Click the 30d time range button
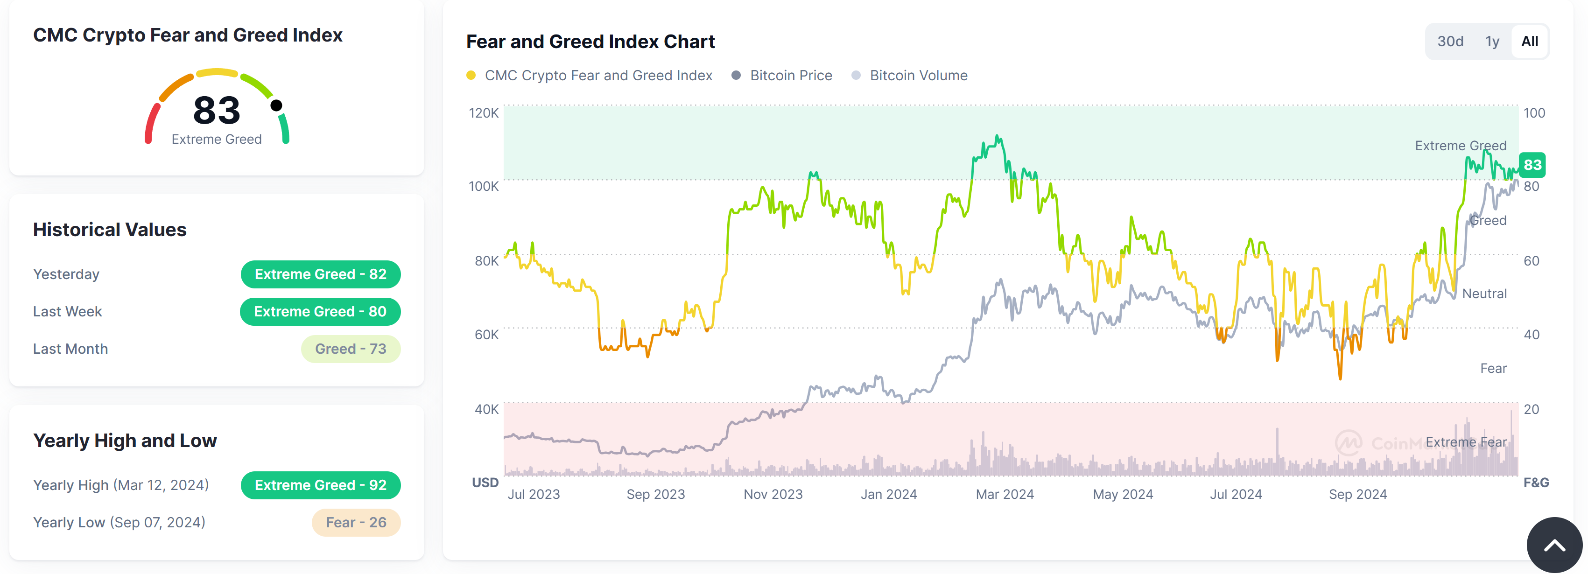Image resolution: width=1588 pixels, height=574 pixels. [1450, 42]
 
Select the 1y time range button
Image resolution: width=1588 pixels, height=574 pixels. [1492, 42]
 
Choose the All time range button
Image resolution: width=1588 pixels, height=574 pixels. [1530, 42]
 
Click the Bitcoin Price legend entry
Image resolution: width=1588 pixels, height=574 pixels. [790, 75]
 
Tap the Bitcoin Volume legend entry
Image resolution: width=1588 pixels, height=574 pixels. [918, 75]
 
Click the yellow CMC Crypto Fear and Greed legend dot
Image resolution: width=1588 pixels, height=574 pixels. [471, 75]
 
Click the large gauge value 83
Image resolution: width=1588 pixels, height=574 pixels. [217, 110]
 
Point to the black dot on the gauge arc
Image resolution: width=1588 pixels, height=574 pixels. [277, 105]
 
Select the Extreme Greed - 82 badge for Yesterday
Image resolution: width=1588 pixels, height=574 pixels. [321, 274]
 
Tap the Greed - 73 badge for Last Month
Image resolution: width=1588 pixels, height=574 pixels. [350, 349]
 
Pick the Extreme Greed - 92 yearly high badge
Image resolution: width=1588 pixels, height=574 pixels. [321, 485]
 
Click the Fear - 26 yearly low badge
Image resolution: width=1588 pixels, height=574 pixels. [356, 522]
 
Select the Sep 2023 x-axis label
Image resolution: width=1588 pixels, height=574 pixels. [655, 494]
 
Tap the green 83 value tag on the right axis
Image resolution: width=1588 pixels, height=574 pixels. [1532, 165]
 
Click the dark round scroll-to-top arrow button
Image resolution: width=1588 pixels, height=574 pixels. [1554, 545]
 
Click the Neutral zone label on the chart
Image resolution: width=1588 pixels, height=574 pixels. [1484, 294]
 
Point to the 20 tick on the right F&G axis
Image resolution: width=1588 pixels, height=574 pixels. [1531, 409]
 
